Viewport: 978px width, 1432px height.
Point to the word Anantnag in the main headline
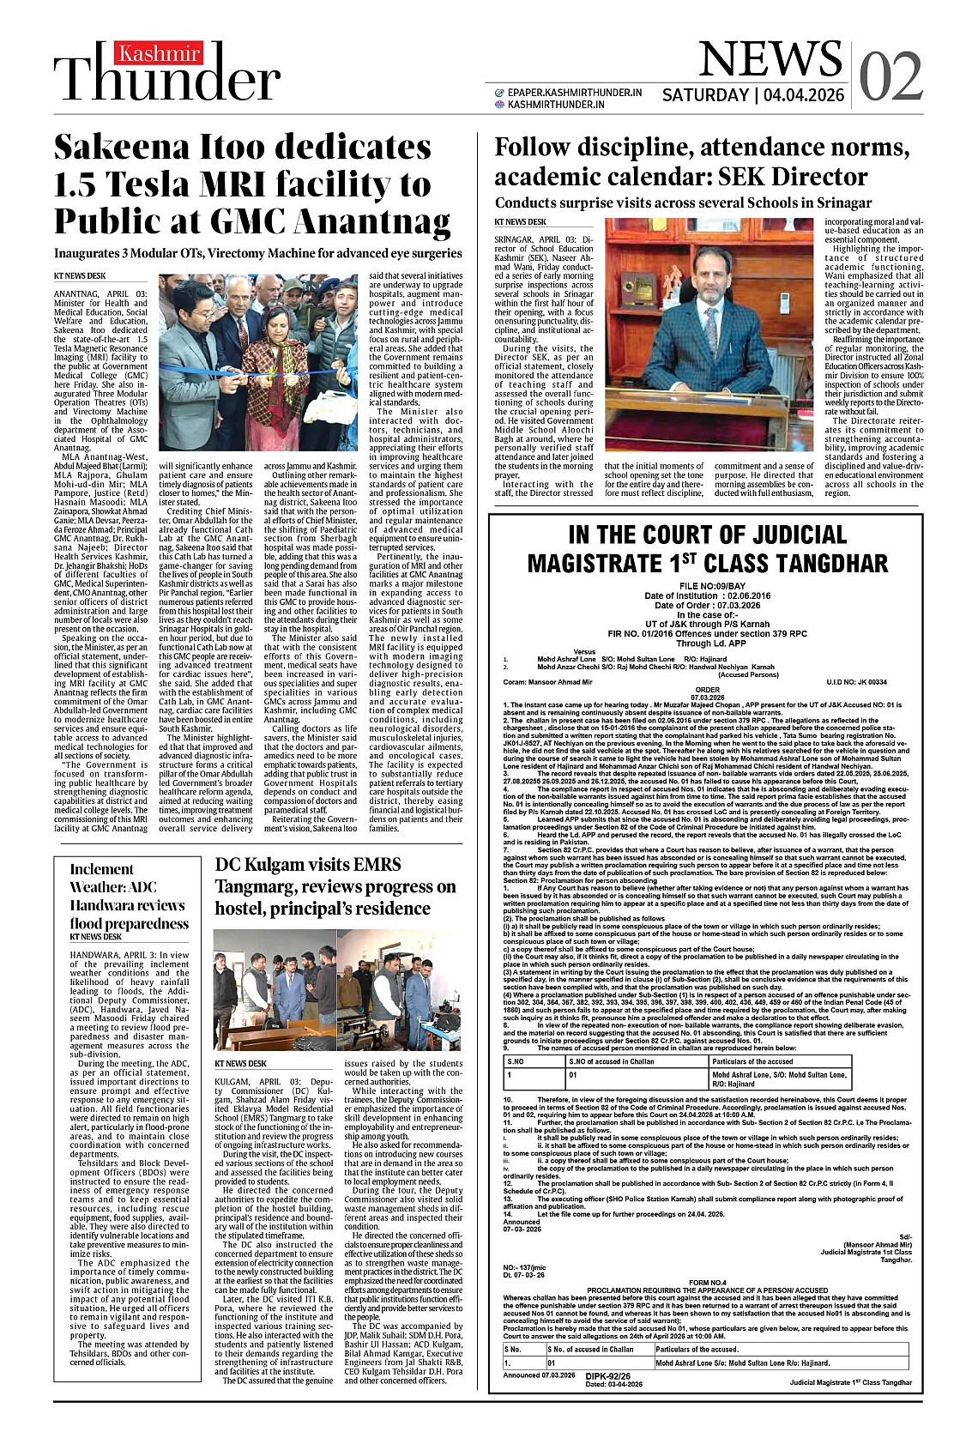[x=372, y=222]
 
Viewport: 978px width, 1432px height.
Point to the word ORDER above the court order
[x=708, y=689]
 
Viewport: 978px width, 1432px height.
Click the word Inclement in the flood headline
[x=102, y=869]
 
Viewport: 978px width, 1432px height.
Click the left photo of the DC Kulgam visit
[x=274, y=989]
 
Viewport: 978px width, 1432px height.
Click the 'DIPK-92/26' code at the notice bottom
[x=608, y=1375]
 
